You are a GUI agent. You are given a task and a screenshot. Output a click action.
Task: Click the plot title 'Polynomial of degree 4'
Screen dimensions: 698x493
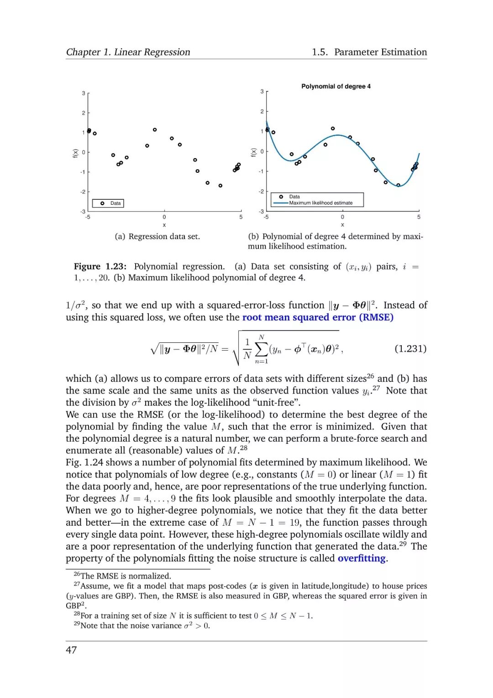336,86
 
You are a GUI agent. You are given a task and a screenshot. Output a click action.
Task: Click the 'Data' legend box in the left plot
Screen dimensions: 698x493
108,203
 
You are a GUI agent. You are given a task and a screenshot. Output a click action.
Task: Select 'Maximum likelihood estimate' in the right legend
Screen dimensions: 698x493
320,203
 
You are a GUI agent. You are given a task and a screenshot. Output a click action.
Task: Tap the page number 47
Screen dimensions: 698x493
71,650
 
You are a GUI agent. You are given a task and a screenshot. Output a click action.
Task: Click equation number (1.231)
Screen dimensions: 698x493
410,349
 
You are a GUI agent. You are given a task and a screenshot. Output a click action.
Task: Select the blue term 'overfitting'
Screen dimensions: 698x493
362,558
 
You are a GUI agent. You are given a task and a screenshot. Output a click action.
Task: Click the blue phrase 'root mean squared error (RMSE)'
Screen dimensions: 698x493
318,317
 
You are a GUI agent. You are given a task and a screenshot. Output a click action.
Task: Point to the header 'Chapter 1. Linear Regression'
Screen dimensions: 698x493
128,52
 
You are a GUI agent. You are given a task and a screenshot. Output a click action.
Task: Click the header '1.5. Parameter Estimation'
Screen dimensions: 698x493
369,52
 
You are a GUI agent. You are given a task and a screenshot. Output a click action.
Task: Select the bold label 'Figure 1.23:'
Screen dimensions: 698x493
100,266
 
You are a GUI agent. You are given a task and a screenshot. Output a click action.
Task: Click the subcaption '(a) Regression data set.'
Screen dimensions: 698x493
157,236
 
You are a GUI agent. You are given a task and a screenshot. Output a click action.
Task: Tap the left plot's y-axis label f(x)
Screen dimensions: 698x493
75,153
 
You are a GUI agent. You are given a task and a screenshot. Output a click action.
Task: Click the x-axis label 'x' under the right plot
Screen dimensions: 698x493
342,225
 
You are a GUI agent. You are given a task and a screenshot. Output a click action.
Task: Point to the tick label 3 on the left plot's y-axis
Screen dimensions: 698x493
84,93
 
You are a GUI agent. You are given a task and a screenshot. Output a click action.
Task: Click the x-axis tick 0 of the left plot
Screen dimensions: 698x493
164,217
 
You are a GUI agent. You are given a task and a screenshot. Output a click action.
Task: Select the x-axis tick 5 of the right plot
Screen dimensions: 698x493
419,217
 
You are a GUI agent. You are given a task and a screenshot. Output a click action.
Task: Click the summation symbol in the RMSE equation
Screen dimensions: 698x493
261,349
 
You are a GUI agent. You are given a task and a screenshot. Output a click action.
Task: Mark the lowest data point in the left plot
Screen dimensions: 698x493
220,186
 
